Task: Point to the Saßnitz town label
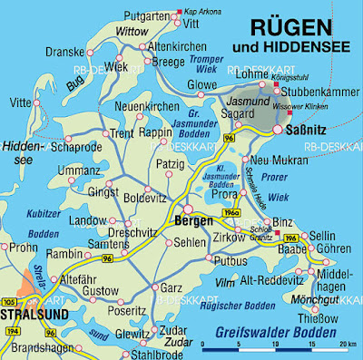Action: pyautogui.click(x=310, y=132)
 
